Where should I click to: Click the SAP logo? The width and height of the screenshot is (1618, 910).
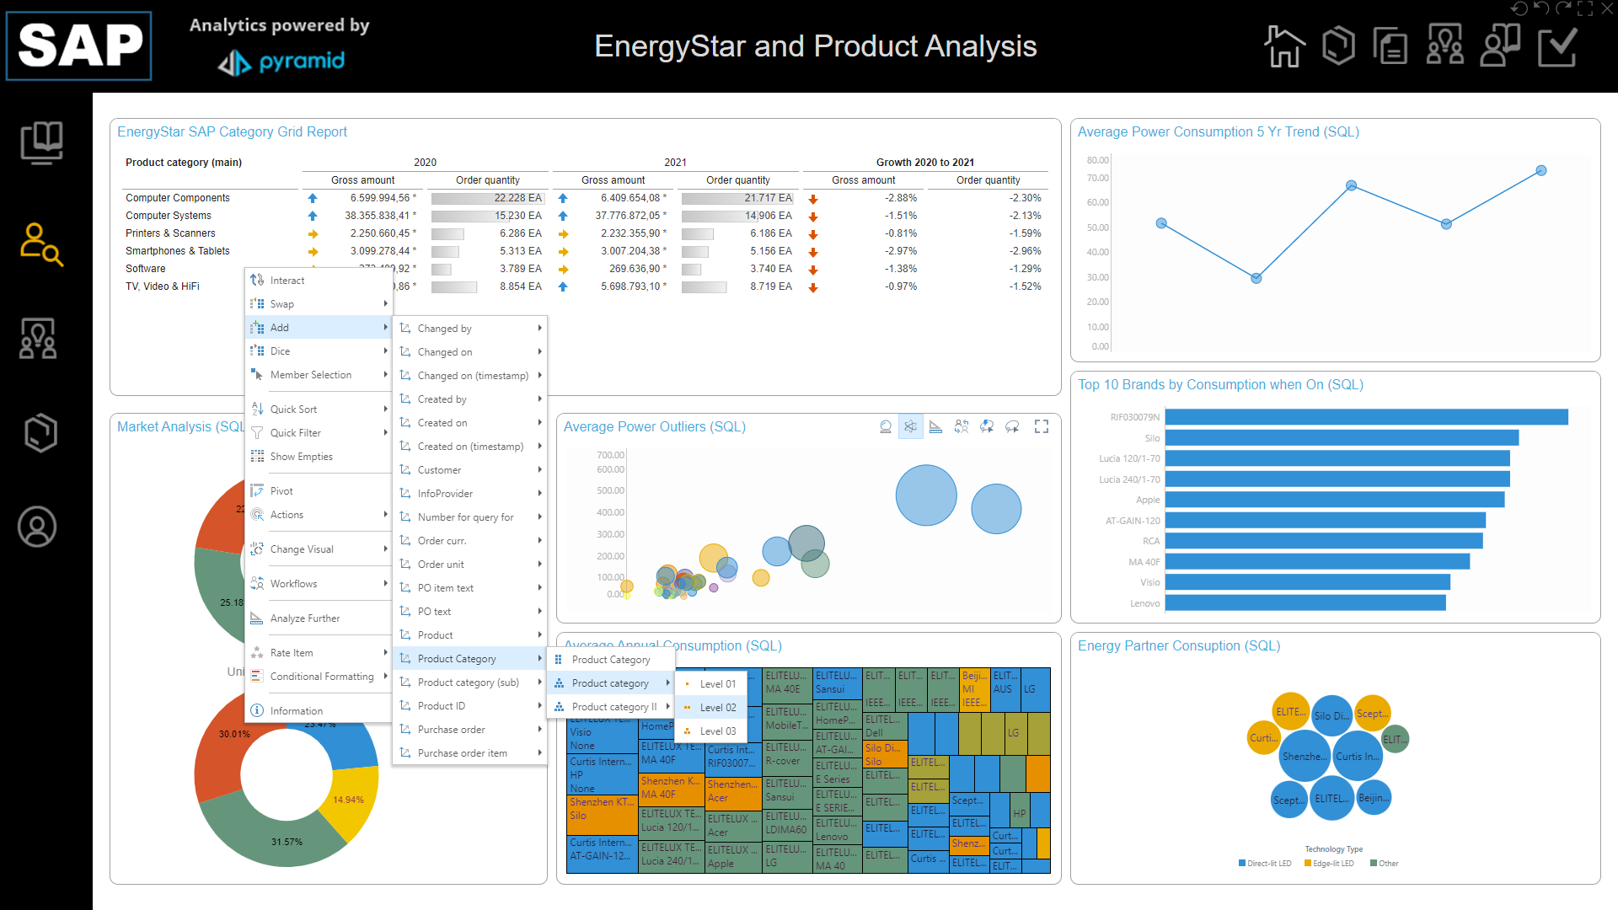[79, 45]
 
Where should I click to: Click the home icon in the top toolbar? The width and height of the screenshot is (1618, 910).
[1283, 46]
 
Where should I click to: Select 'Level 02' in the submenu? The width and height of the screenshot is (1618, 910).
[718, 708]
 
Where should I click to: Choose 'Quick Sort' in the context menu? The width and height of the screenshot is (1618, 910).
[293, 409]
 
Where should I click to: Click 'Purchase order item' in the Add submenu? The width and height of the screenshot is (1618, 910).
[462, 753]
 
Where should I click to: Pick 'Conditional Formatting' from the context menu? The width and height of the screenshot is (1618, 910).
[321, 677]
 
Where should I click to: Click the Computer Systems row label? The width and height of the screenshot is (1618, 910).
[169, 216]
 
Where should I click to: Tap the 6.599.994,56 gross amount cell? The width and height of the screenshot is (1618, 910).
[380, 198]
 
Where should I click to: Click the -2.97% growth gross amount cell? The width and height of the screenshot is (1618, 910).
[900, 251]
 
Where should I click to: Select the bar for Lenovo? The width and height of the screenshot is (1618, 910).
[1305, 602]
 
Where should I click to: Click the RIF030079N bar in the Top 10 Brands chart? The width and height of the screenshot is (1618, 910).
[1365, 417]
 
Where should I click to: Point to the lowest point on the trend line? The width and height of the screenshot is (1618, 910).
[1256, 278]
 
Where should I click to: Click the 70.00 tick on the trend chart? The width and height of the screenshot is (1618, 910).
[1097, 178]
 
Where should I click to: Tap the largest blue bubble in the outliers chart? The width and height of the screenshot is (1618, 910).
[926, 495]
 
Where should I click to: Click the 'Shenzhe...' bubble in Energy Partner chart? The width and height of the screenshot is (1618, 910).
[1303, 757]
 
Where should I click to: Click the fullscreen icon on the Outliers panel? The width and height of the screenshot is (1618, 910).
[1042, 427]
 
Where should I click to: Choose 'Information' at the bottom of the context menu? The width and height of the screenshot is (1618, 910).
[296, 711]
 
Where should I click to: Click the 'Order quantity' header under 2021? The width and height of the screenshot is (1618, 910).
[737, 180]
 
